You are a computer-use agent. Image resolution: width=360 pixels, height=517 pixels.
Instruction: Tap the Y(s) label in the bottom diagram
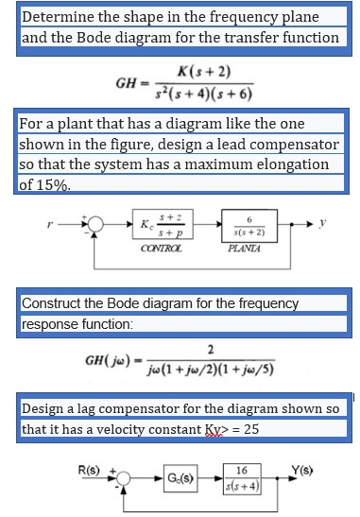(x=306, y=462)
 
